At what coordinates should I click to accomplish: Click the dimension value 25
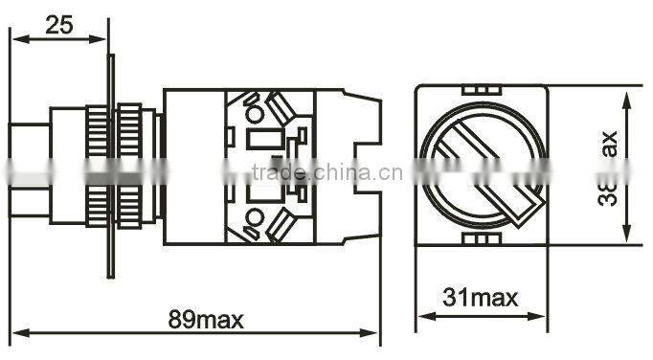click(58, 25)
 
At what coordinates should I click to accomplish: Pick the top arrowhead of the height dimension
click(625, 97)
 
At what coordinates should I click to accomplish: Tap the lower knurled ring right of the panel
click(127, 206)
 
